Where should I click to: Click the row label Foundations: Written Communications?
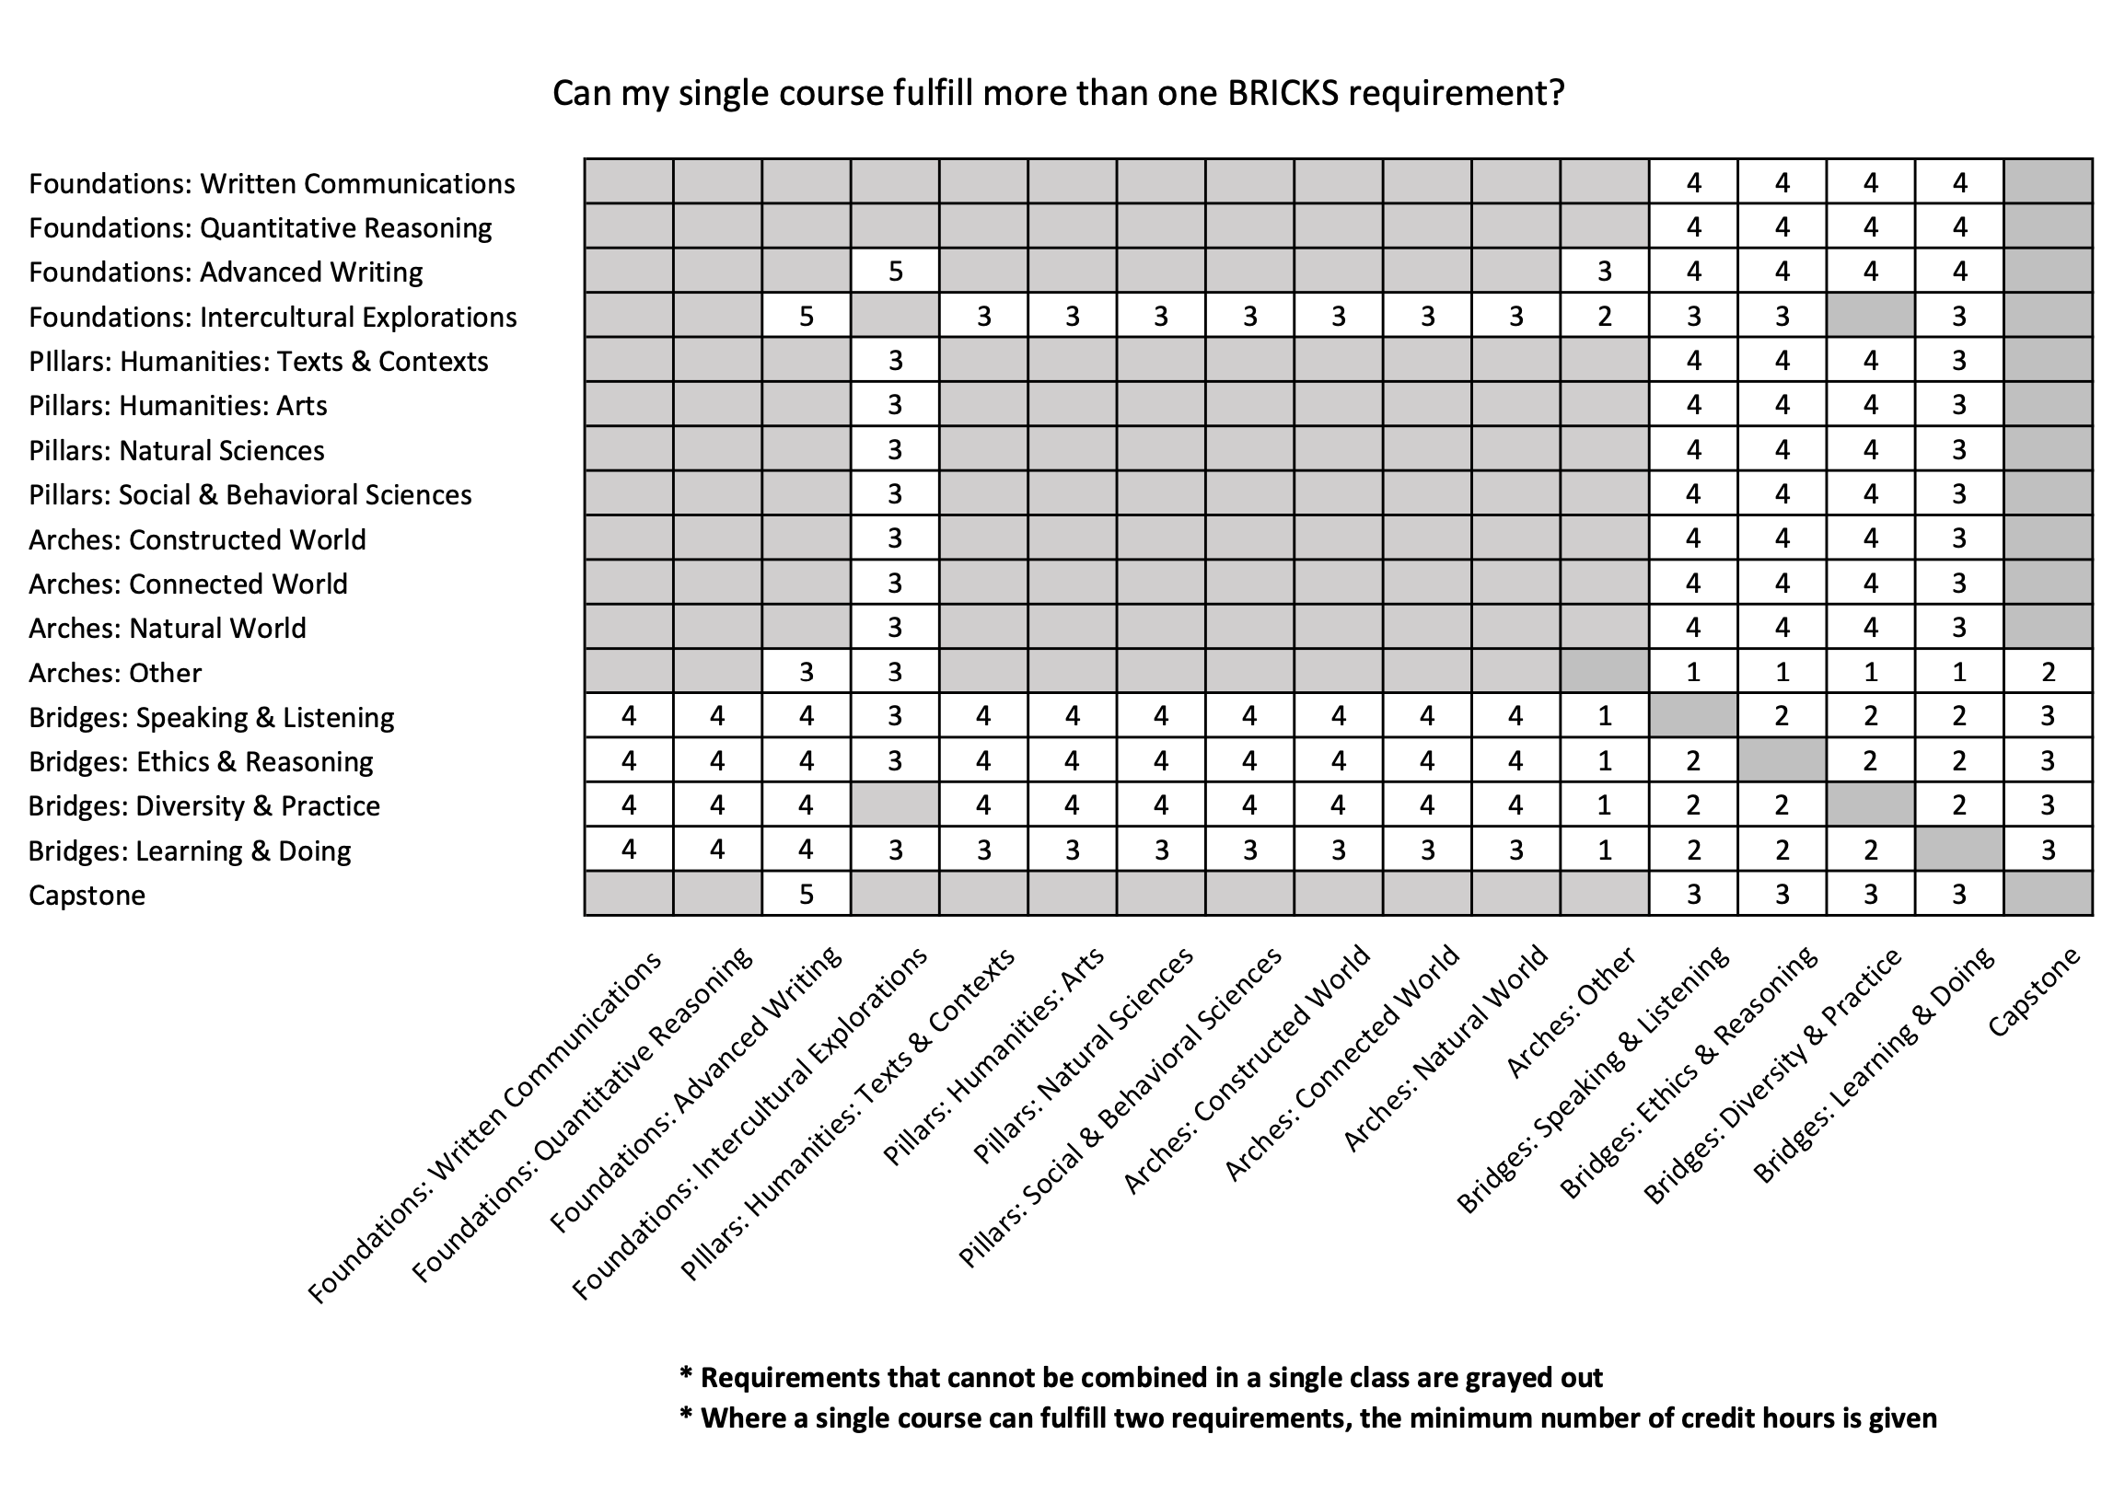point(272,183)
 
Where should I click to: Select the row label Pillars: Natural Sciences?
point(176,450)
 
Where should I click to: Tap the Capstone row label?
point(87,896)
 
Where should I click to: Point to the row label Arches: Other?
point(115,672)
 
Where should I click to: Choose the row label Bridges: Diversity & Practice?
point(203,805)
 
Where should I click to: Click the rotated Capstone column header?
point(2034,991)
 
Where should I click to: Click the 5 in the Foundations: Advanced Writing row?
point(895,272)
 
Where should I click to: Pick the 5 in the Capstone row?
point(806,895)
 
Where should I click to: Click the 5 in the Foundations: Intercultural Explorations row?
point(806,317)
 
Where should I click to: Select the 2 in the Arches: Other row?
point(2048,671)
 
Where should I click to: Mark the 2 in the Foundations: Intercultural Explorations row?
point(1605,317)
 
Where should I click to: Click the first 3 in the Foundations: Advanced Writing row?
point(1605,272)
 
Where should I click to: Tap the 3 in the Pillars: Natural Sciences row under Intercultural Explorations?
point(895,449)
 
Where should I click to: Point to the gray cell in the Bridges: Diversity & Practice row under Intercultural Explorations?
point(895,804)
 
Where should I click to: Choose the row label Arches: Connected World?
point(188,584)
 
